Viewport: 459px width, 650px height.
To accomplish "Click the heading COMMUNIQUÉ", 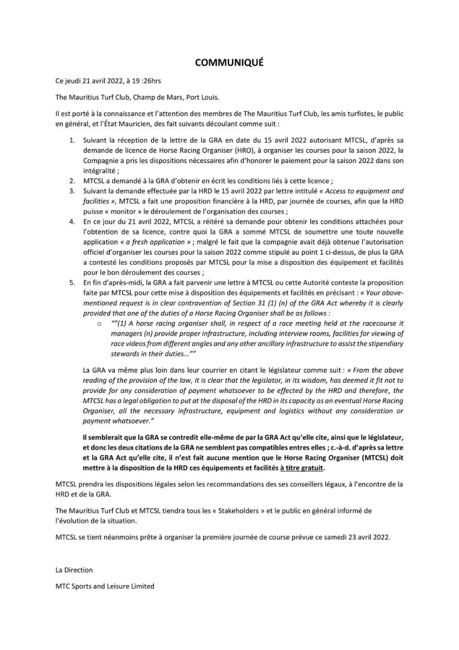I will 229,62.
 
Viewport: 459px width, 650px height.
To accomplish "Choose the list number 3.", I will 72,191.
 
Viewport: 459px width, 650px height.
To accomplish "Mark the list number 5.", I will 72,282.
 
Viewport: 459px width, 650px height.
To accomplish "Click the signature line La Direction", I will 74,570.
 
